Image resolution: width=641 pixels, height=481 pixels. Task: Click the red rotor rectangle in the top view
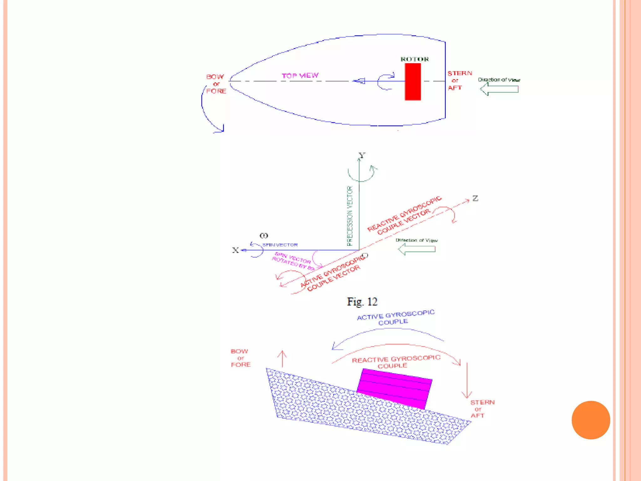click(413, 82)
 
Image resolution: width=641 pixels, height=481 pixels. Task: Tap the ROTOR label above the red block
click(414, 59)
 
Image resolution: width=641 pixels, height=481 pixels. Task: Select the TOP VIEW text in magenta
click(300, 75)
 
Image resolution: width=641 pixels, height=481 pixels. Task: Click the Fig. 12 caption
click(362, 302)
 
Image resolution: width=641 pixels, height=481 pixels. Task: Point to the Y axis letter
click(362, 155)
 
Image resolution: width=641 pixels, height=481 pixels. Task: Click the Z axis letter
click(475, 198)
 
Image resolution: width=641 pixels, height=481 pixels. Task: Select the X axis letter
click(235, 250)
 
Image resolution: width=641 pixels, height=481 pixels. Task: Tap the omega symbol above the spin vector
click(264, 235)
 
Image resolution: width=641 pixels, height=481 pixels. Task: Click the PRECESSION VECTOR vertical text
click(350, 216)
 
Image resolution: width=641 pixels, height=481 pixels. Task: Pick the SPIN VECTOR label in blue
click(280, 245)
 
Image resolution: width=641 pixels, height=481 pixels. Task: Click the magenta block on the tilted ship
click(394, 388)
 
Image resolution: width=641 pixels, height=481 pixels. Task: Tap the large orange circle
click(591, 420)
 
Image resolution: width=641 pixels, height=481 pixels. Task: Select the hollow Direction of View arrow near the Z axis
click(417, 249)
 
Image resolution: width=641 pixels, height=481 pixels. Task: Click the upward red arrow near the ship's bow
click(282, 359)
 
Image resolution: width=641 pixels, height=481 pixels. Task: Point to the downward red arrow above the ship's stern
click(467, 380)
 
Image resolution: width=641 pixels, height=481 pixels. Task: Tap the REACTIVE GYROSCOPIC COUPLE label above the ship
click(396, 362)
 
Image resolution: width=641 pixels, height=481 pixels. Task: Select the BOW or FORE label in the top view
click(216, 84)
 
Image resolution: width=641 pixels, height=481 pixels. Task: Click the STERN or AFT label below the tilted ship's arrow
click(482, 409)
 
